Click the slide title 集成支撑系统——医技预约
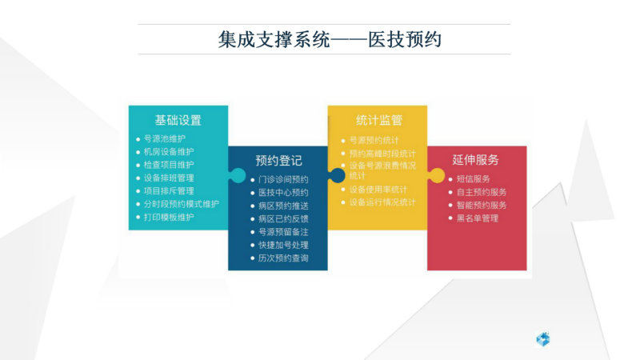coord(330,39)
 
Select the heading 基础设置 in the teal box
coord(178,121)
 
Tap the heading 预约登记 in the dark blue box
coord(278,161)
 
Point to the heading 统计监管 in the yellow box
coord(379,120)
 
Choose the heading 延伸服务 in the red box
coord(475,159)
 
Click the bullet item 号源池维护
coord(165,138)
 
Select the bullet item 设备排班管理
coord(169,178)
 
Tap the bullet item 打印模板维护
coord(169,217)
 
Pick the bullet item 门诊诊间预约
coord(283,179)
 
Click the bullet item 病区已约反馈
coord(283,218)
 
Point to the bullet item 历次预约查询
coord(283,258)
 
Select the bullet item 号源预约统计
coord(374,141)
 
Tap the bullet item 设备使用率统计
coord(378,190)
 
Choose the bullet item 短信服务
coord(473,178)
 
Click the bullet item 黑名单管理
coord(477,218)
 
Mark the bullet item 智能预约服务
coord(482,206)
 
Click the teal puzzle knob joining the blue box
coord(238,175)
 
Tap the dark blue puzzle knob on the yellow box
coord(337,175)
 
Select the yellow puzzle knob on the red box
coord(436,175)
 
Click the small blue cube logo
coord(543,339)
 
